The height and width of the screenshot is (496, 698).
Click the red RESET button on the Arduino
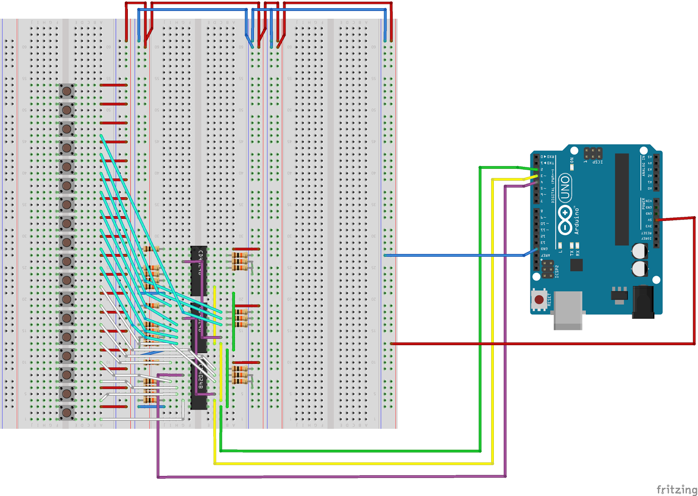[x=539, y=299]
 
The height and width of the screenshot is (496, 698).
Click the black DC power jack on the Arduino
[x=643, y=301]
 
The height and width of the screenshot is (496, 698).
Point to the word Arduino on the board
[x=576, y=221]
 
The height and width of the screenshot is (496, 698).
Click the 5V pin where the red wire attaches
[x=657, y=220]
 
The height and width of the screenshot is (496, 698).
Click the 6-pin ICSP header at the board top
[x=593, y=153]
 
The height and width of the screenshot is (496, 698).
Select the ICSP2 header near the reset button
[x=548, y=270]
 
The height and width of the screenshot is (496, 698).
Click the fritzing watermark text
[x=677, y=489]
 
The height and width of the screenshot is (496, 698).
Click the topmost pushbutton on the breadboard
[x=67, y=91]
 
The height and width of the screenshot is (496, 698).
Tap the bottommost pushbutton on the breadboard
[x=67, y=412]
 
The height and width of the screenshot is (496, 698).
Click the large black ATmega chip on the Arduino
[x=622, y=199]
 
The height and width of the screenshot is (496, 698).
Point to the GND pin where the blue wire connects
[x=536, y=249]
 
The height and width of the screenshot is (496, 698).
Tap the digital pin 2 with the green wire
[x=536, y=170]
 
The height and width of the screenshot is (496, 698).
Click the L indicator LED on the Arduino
[x=560, y=245]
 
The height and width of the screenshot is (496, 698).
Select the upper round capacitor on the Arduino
[x=640, y=251]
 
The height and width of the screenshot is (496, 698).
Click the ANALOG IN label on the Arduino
[x=643, y=166]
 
